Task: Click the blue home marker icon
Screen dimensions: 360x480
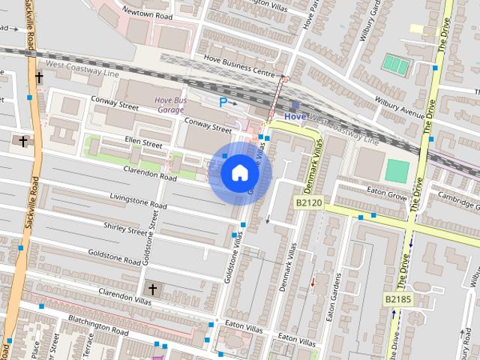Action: coord(239,173)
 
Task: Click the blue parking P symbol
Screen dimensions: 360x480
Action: coord(223,101)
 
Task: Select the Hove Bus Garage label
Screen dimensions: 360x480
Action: coord(169,104)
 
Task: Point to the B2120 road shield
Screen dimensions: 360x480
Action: coord(308,202)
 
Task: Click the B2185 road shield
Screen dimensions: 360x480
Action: coord(399,299)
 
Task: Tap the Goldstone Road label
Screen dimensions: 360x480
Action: coord(115,257)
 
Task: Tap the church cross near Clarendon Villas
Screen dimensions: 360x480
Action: coord(152,289)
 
